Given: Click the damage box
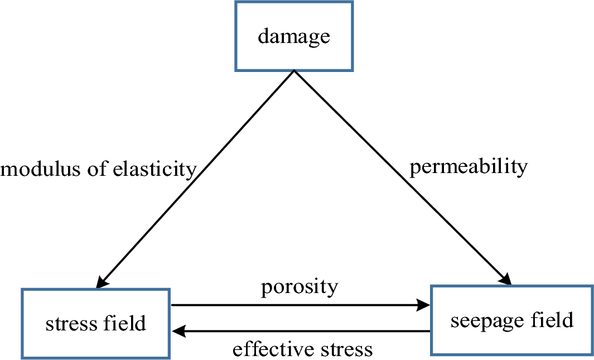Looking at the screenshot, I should (294, 36).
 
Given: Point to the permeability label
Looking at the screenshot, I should (469, 167).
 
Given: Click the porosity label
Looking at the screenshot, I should (300, 287).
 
